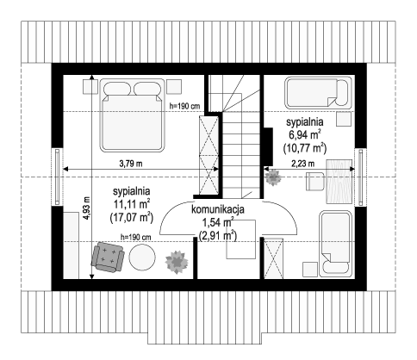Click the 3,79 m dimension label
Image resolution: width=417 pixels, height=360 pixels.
[131, 164]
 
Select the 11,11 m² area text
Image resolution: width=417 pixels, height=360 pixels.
[132, 204]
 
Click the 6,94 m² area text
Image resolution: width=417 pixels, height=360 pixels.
[305, 134]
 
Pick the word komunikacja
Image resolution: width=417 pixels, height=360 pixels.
[218, 209]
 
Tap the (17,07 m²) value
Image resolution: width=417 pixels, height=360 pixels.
[131, 217]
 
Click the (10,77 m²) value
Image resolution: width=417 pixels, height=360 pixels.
[305, 148]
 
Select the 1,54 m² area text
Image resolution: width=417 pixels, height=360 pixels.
[218, 222]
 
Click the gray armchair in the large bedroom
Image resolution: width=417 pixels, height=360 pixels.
[108, 257]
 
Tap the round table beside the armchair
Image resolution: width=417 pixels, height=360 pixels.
[142, 258]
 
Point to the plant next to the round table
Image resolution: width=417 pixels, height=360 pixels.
[177, 262]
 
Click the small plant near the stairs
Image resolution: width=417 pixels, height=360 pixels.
[273, 177]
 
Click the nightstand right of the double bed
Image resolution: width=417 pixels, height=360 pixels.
[174, 87]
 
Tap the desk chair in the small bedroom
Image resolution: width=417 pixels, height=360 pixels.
[315, 181]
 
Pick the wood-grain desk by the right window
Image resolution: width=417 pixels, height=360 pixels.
[339, 182]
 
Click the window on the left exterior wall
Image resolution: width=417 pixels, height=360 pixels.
[58, 177]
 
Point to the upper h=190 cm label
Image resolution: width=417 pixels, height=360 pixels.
[184, 106]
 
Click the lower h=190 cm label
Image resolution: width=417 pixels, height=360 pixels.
[136, 237]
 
